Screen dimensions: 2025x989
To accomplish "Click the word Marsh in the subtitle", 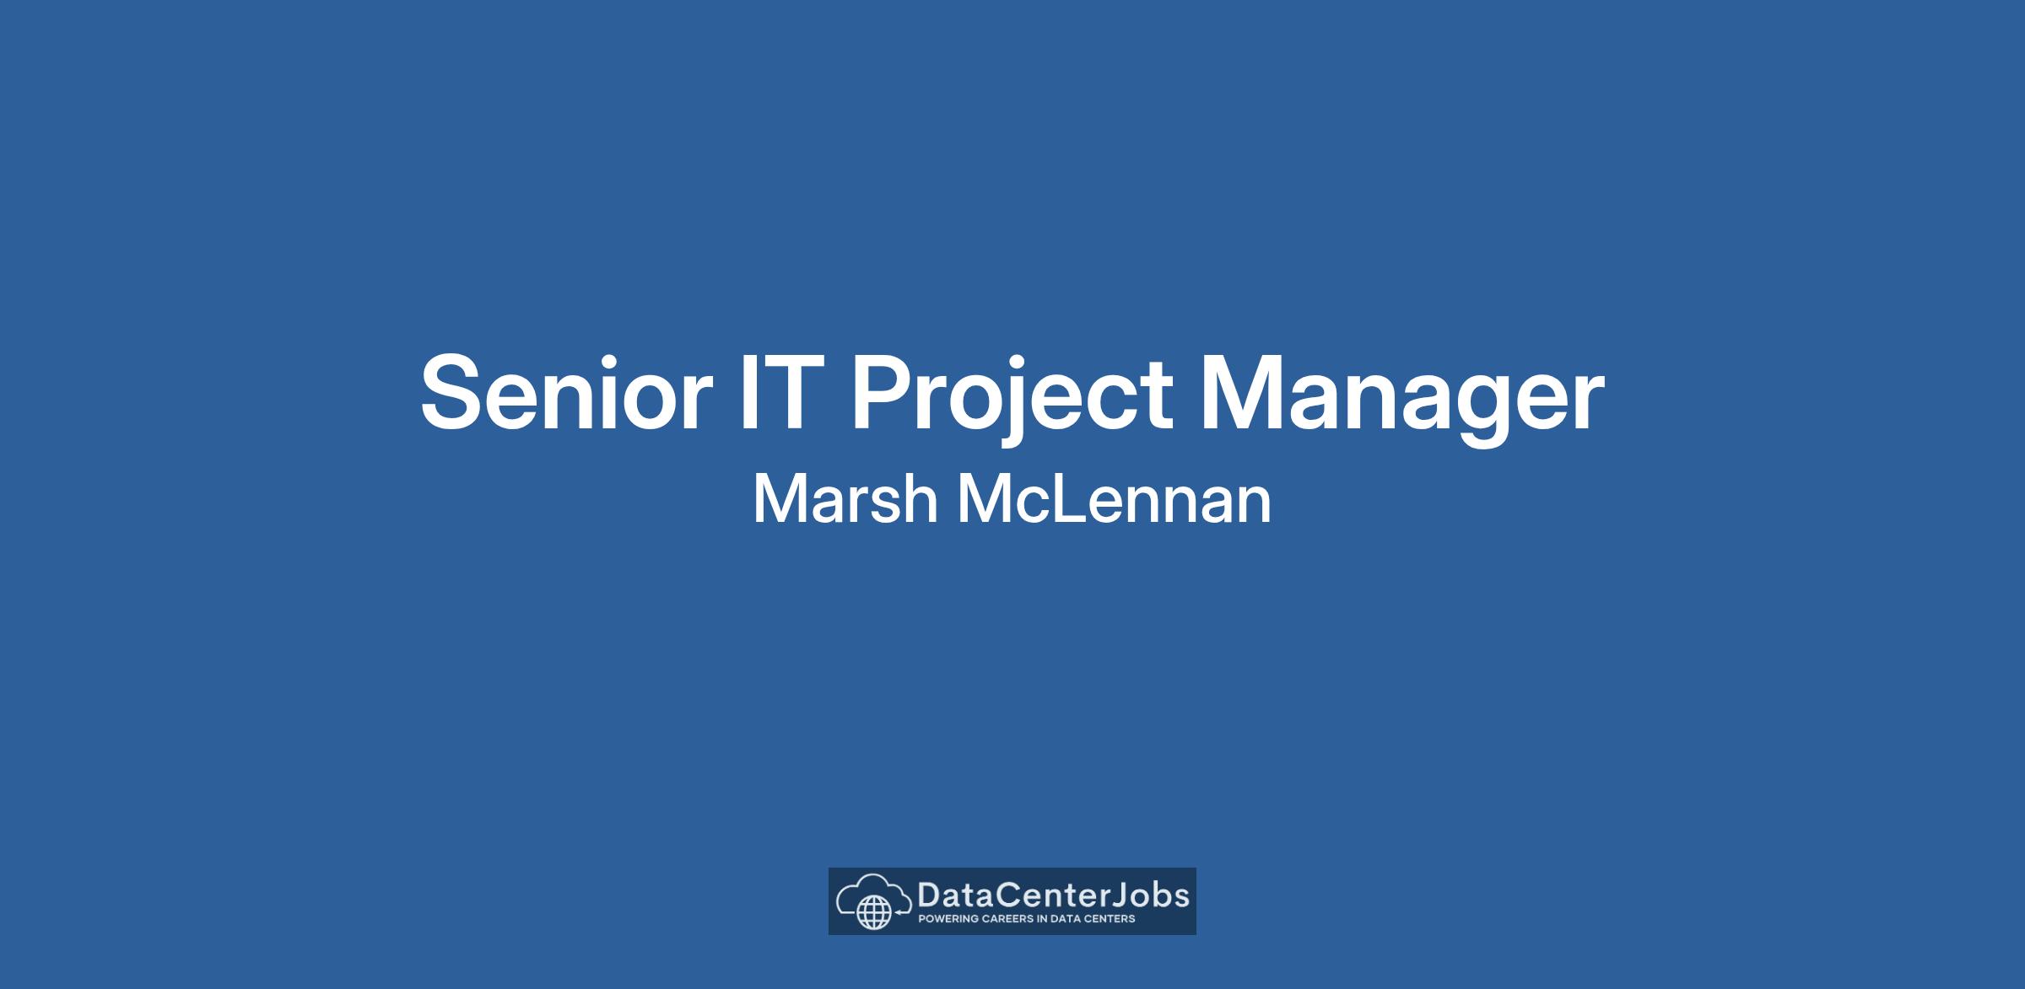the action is (x=845, y=498).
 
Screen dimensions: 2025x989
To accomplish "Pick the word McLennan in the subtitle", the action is (x=1114, y=498).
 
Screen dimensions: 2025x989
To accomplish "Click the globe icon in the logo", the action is (x=874, y=913).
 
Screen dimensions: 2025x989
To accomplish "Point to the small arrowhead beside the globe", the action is (x=899, y=912).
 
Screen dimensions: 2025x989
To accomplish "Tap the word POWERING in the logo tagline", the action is (x=948, y=919).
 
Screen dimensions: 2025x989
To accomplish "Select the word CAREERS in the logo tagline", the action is (x=1007, y=919).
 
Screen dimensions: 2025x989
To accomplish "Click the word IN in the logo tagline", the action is (x=1043, y=919).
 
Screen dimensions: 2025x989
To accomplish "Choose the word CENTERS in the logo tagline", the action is (x=1110, y=919).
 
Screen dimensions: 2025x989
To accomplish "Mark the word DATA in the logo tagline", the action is (x=1066, y=919).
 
